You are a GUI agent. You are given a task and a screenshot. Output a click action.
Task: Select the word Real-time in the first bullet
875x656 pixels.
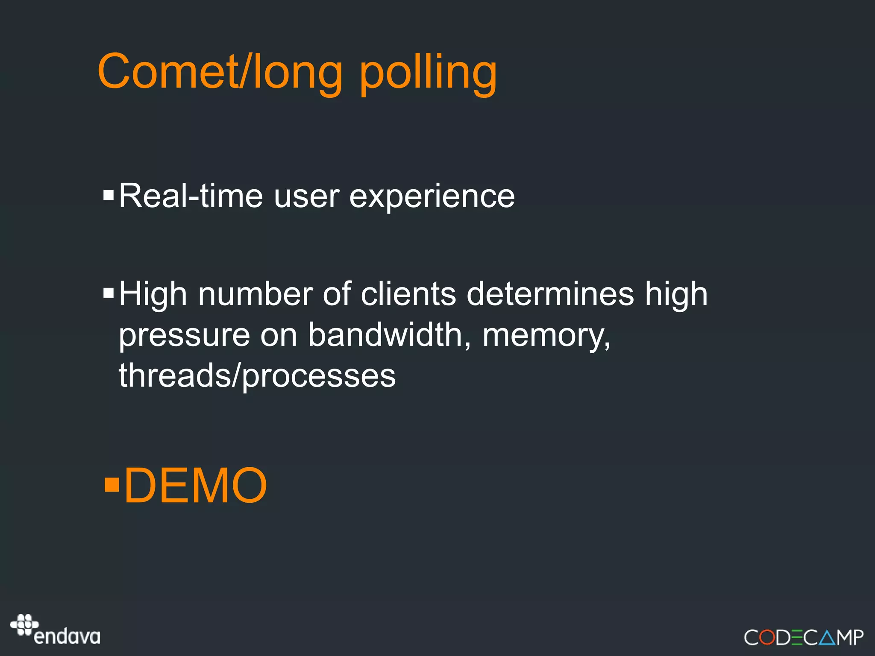191,196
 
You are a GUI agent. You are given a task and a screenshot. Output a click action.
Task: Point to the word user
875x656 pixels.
306,197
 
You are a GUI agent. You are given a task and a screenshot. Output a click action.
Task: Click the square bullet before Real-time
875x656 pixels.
109,196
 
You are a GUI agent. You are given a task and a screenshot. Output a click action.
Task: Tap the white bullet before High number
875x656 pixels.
109,293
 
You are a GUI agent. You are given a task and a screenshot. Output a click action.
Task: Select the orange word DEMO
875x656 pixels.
195,486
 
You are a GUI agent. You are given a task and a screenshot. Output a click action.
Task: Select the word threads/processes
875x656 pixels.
257,376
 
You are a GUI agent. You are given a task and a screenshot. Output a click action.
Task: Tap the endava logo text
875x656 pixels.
67,636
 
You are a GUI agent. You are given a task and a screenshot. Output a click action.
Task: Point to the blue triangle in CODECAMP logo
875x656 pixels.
828,637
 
